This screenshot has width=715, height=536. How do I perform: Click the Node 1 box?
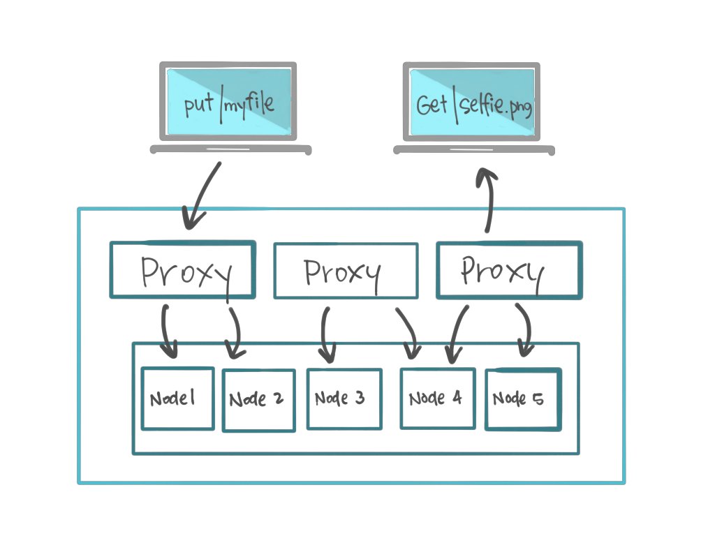point(177,398)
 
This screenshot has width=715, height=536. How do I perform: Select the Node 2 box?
point(258,400)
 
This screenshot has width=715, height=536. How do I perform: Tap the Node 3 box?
point(344,399)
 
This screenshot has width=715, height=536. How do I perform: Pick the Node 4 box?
point(437,398)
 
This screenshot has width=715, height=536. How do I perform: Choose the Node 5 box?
point(522,399)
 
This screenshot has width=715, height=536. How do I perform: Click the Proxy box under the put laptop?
point(182,270)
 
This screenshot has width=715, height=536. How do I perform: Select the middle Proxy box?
point(346,271)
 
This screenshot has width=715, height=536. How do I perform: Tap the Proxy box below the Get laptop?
point(508,270)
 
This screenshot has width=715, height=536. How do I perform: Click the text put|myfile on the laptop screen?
point(228,104)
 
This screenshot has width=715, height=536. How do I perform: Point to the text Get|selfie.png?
point(473,105)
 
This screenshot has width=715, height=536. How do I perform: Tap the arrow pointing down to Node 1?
point(168,328)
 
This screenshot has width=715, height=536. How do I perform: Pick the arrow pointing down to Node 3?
point(326,334)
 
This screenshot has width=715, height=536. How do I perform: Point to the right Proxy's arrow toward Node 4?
point(457,334)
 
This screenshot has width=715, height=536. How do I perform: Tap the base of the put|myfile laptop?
point(230,149)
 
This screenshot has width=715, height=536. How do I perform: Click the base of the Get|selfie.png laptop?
point(474,149)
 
